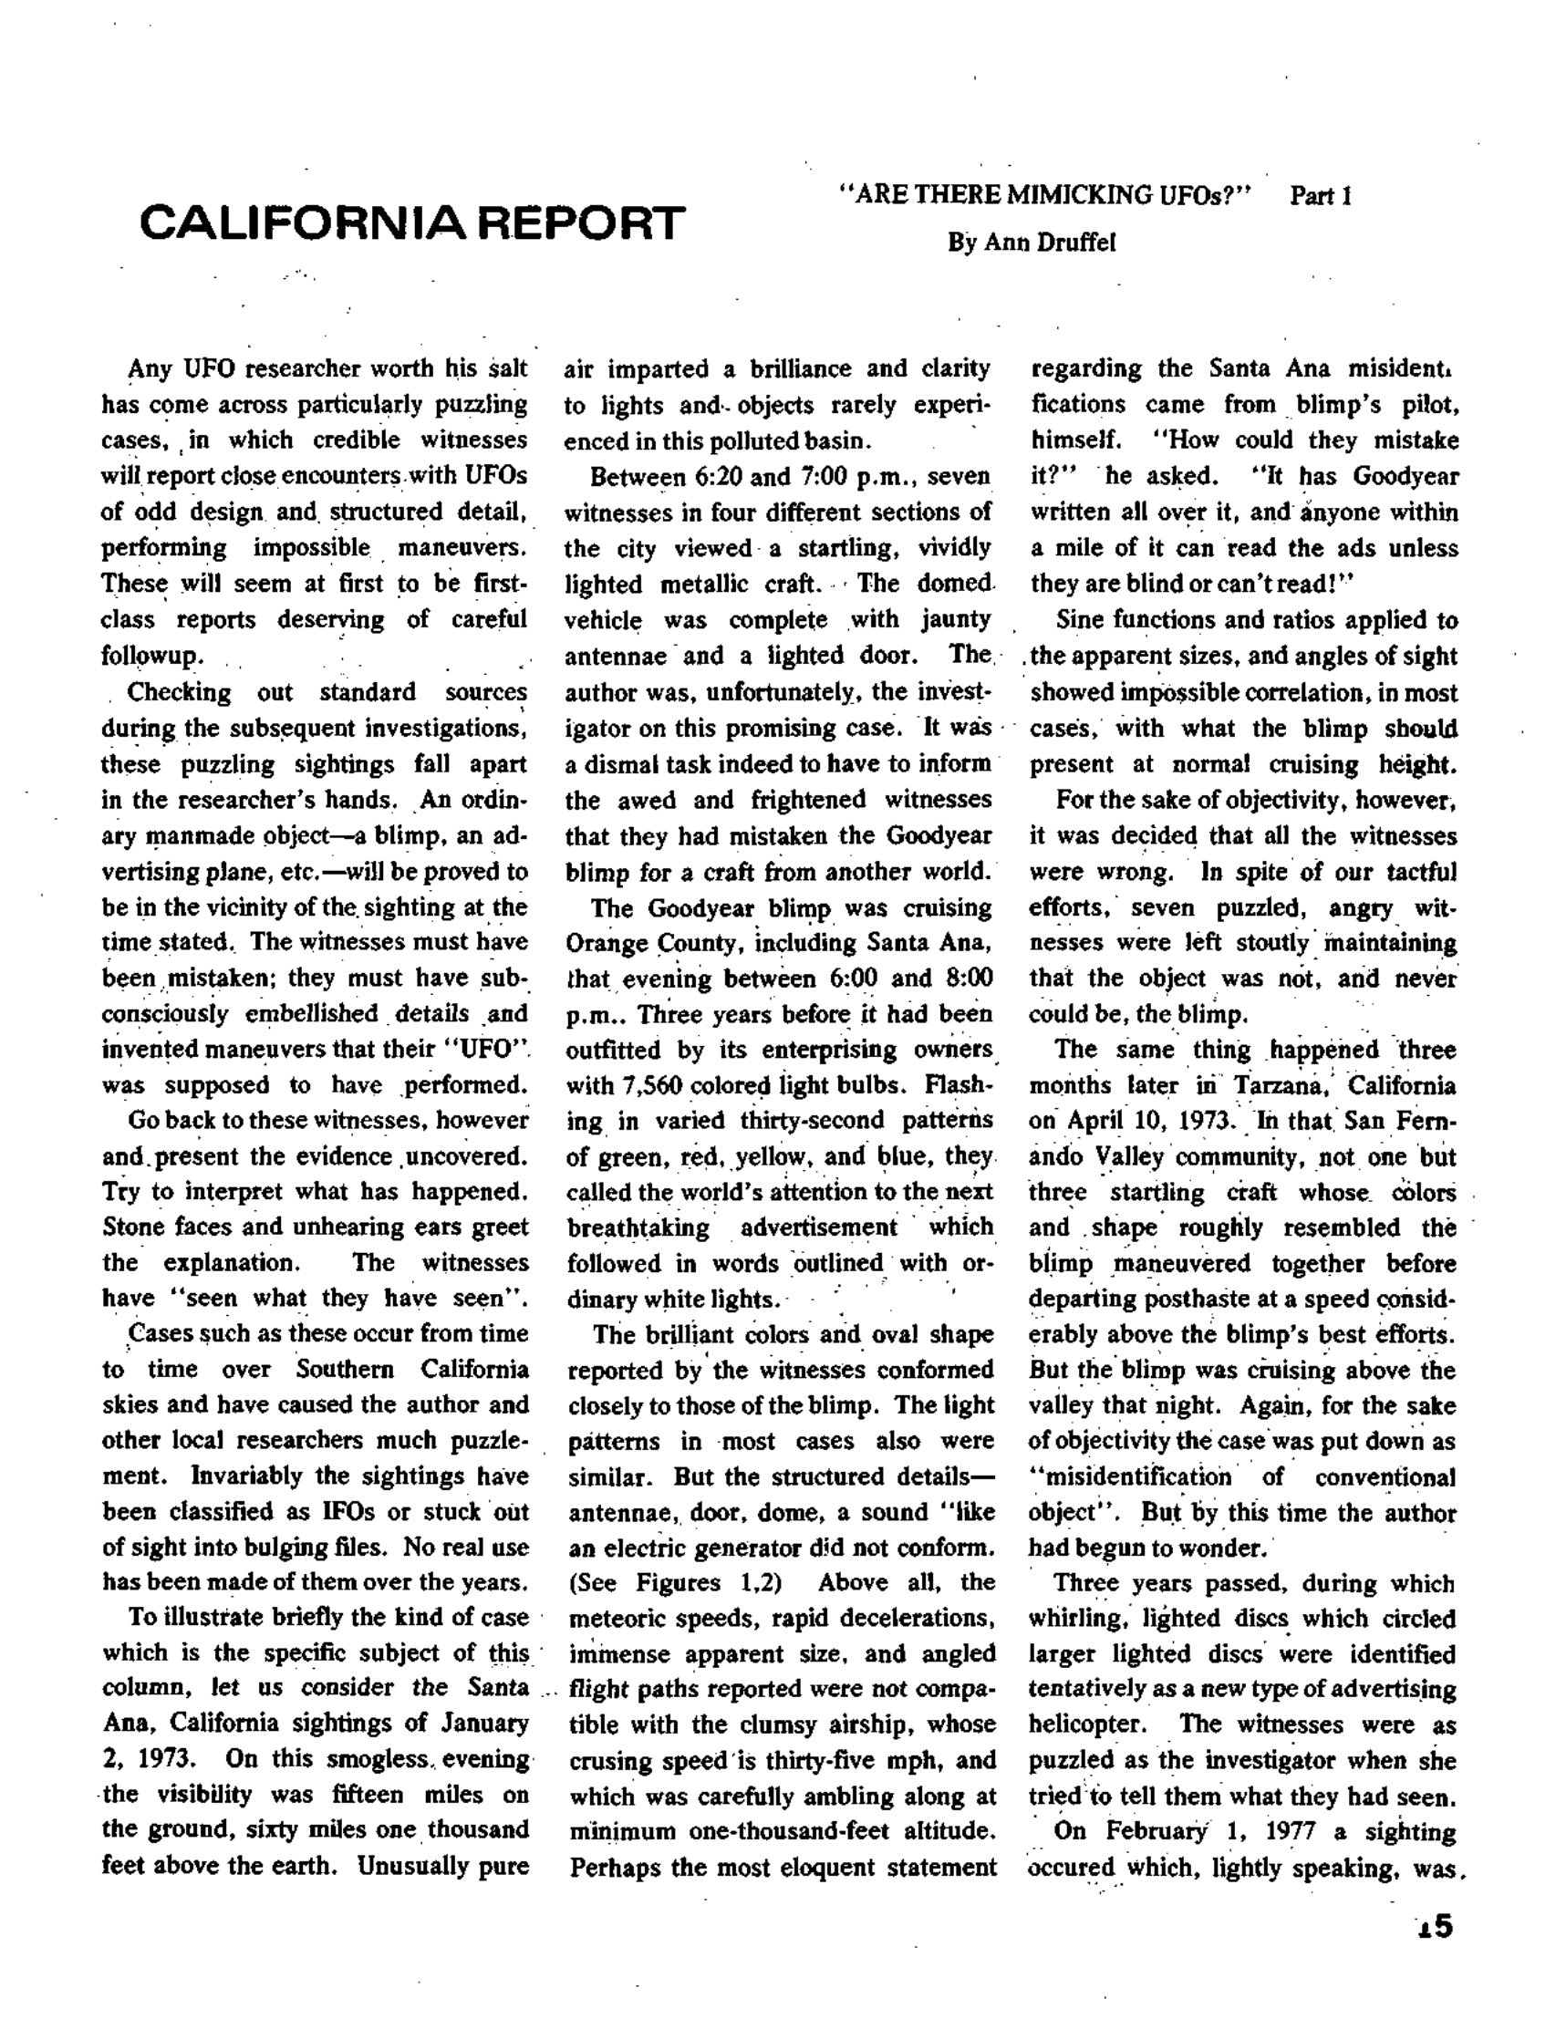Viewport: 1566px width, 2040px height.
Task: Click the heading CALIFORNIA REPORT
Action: click(x=411, y=223)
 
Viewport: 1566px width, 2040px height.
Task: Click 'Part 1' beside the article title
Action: click(x=1320, y=197)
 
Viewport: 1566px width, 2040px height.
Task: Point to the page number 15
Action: click(x=1434, y=1926)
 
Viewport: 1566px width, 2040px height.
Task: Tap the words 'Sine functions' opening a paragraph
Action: click(x=1127, y=621)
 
